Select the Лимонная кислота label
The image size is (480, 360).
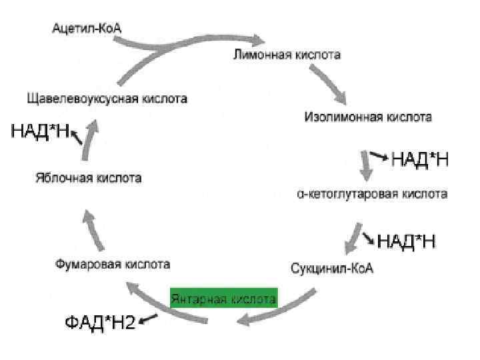[286, 55]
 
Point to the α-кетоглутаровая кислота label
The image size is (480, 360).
[372, 194]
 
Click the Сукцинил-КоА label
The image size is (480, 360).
[333, 269]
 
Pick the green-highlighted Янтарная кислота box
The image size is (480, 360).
[223, 299]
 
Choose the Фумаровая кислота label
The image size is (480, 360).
[112, 264]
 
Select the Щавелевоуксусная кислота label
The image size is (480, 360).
[107, 99]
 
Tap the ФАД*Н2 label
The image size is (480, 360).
[99, 323]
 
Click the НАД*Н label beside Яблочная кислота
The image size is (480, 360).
[40, 131]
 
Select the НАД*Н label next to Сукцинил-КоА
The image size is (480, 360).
[407, 241]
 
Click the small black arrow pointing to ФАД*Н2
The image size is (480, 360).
[147, 321]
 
